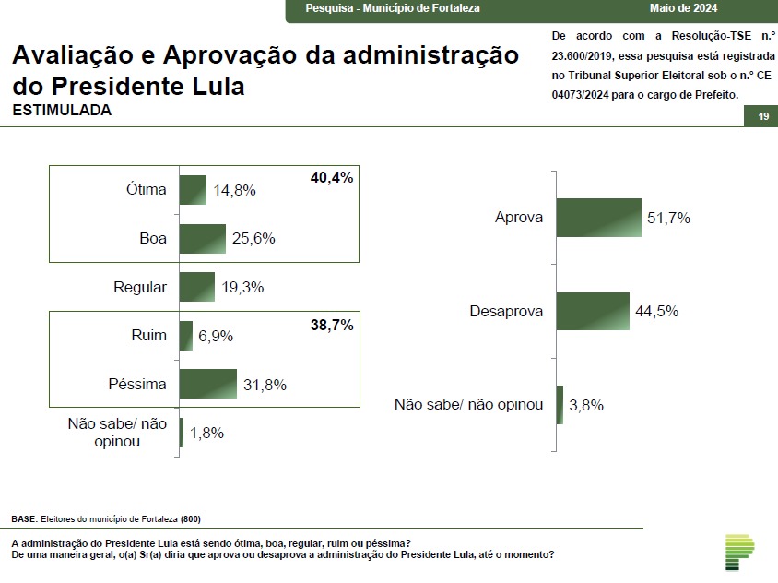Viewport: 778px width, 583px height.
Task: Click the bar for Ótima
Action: click(193, 190)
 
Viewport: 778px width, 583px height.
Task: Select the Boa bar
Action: click(202, 239)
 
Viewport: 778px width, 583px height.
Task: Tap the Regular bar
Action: click(196, 287)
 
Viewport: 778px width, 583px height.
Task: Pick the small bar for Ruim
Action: click(185, 336)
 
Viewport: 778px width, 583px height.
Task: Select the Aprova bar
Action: click(598, 218)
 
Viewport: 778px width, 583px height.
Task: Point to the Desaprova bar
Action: click(593, 311)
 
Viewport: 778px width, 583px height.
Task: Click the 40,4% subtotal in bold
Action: click(332, 177)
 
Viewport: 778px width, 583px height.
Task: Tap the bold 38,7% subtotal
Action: click(332, 326)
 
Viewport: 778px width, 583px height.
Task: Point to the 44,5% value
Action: click(657, 312)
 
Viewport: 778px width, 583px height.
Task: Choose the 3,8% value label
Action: click(586, 405)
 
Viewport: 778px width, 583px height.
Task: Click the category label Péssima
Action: click(136, 384)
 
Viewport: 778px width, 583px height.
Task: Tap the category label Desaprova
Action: click(506, 312)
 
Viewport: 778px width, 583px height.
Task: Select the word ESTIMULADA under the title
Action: click(62, 110)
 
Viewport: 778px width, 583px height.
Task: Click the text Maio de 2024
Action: click(682, 8)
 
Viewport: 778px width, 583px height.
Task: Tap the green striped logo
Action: click(739, 551)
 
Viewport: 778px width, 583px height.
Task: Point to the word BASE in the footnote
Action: click(26, 518)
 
